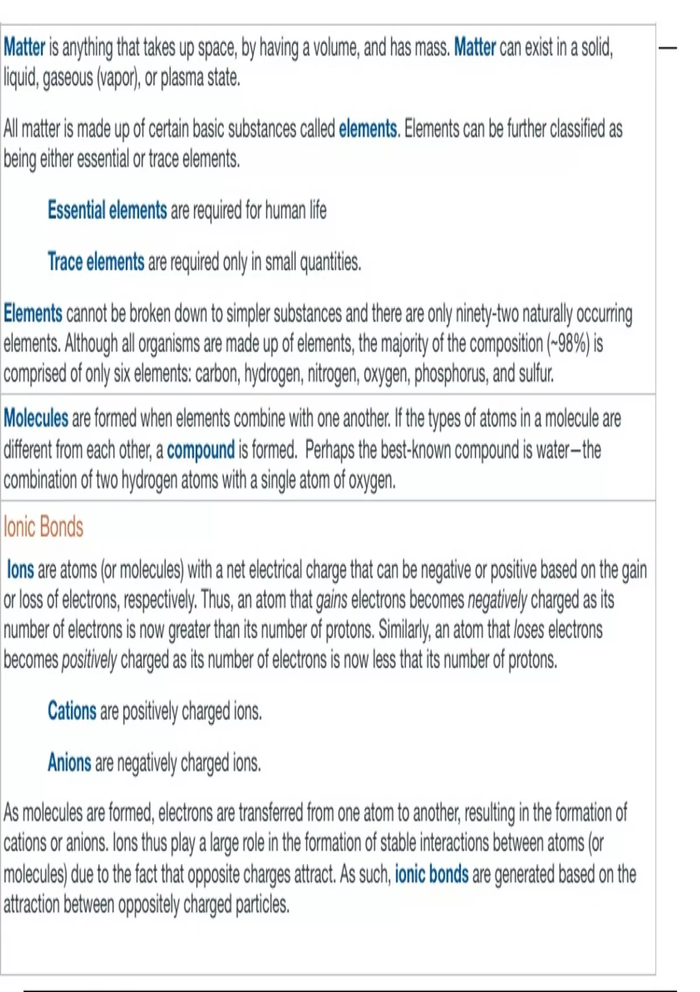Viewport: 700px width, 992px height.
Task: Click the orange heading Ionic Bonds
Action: click(x=44, y=527)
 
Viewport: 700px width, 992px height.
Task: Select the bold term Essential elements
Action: click(x=107, y=210)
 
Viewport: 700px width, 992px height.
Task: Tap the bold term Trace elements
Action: click(x=96, y=262)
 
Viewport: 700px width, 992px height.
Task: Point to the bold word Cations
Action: click(x=72, y=711)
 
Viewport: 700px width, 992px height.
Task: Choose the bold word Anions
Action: click(x=69, y=763)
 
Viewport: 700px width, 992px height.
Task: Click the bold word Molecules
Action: click(x=36, y=418)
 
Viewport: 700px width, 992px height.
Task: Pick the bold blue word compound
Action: click(x=201, y=450)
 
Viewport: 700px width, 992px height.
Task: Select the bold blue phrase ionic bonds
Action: click(x=432, y=874)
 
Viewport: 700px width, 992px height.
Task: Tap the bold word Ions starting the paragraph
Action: click(x=20, y=569)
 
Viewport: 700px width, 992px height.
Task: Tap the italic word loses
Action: click(x=528, y=630)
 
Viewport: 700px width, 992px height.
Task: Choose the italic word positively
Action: click(x=89, y=661)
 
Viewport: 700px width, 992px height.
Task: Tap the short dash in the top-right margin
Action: click(x=668, y=48)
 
